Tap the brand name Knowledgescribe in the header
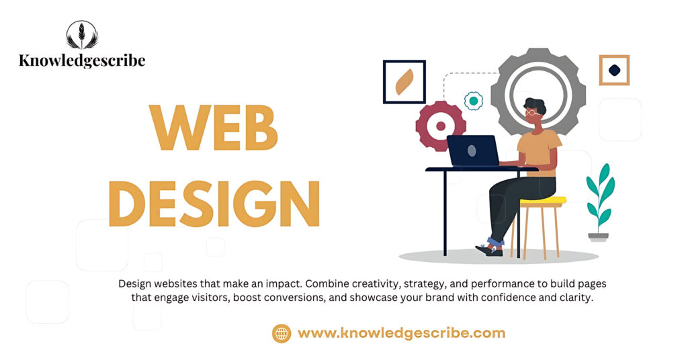(x=82, y=60)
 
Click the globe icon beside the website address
(x=282, y=333)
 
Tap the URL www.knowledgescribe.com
(x=401, y=333)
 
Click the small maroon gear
(x=441, y=126)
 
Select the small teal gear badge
(x=474, y=101)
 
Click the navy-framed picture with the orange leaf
(x=404, y=82)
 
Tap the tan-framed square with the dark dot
(x=614, y=70)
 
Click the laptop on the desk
(x=473, y=150)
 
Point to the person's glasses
(x=532, y=113)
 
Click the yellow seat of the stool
(x=543, y=200)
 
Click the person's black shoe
(x=490, y=250)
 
